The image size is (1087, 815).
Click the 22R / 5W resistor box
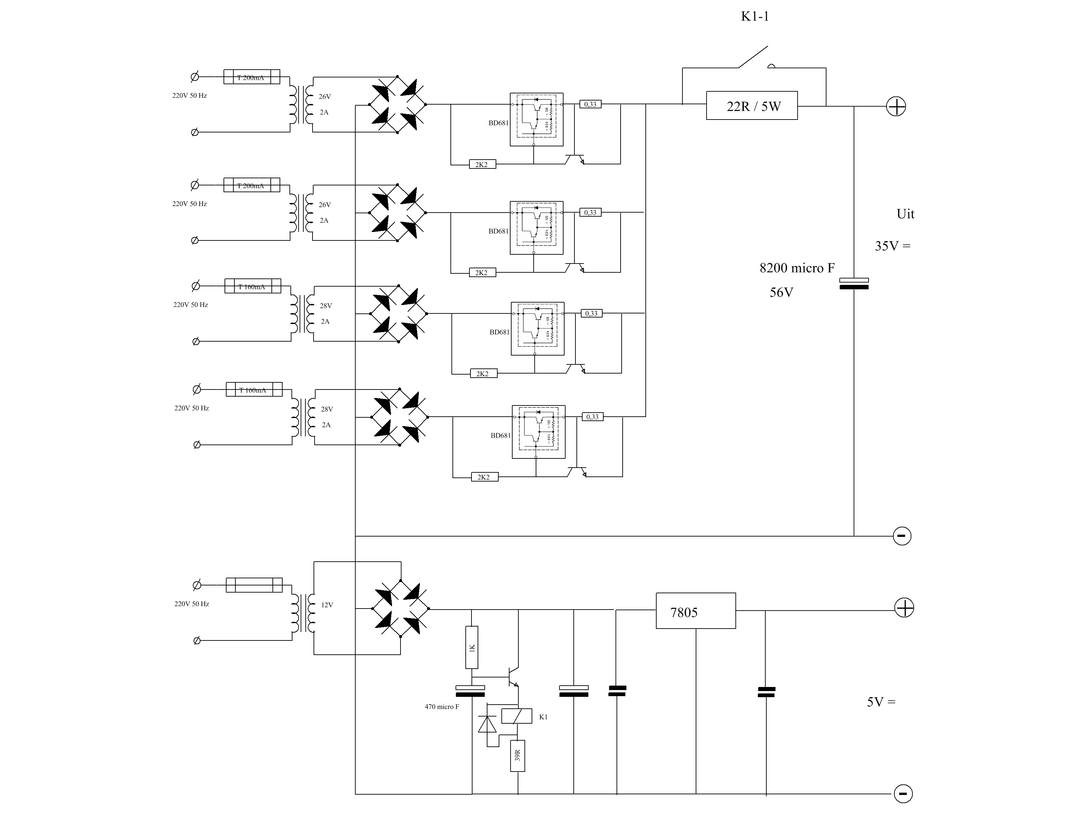pos(751,106)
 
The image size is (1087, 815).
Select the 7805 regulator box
pos(695,611)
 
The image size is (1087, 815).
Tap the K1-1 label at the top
pos(754,17)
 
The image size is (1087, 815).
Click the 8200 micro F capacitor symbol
pos(854,284)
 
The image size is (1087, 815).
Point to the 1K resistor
pos(472,648)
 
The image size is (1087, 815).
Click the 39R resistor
pos(517,755)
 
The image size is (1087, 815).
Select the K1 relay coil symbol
pos(516,716)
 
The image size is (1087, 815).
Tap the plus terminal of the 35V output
pos(896,107)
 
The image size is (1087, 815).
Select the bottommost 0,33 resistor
pos(592,417)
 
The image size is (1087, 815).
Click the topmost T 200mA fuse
pos(252,77)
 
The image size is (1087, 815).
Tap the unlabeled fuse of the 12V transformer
pos(254,585)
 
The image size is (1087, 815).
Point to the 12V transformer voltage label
pos(327,605)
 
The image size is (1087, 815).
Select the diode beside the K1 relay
pos(487,724)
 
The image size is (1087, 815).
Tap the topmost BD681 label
pos(498,123)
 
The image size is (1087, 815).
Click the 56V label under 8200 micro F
pos(781,293)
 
